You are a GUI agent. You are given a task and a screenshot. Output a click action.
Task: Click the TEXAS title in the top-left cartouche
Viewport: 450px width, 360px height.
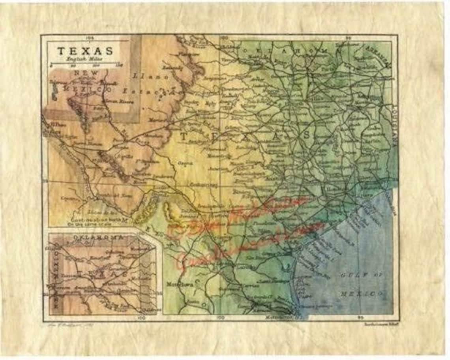(85, 51)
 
